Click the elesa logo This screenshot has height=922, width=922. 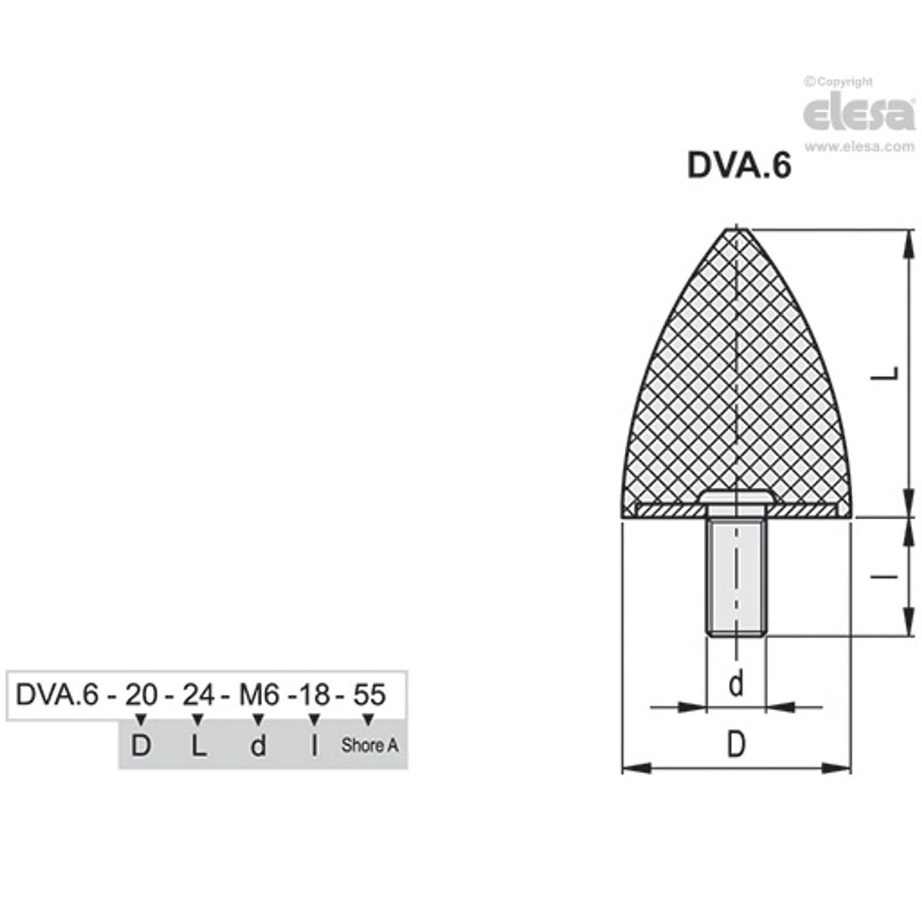(x=858, y=115)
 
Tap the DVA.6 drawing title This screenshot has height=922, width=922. (x=738, y=166)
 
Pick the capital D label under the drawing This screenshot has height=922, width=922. (x=735, y=745)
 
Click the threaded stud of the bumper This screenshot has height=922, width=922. (x=735, y=577)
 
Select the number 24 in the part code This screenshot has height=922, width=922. (x=197, y=695)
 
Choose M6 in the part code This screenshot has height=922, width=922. (x=259, y=695)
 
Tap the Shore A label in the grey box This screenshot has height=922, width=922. (x=369, y=745)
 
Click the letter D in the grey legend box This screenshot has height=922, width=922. (x=141, y=746)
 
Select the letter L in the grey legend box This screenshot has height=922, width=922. (x=197, y=746)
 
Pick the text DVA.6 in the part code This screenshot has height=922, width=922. (x=57, y=695)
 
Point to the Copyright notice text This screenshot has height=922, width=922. (x=838, y=82)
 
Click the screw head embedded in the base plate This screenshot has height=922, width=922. (x=735, y=497)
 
